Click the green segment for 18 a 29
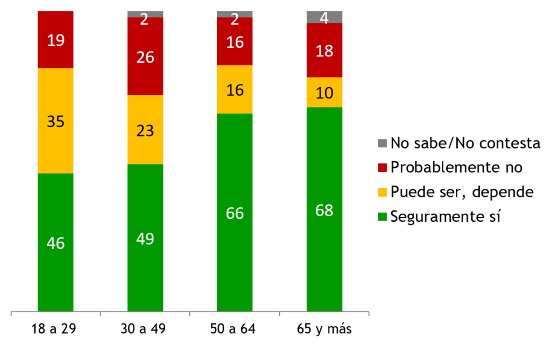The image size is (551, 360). point(55,242)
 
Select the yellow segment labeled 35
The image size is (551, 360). point(55,121)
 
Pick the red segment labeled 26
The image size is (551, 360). point(145,57)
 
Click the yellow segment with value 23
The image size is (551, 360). point(145,130)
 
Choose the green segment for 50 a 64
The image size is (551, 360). point(235,213)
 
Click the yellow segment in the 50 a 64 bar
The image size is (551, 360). point(235,89)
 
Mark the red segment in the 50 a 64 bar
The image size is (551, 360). point(235,41)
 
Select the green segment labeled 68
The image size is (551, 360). point(324,209)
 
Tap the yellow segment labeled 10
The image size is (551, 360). point(324,93)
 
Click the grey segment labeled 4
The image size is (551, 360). point(324,17)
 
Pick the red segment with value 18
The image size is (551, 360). point(324,51)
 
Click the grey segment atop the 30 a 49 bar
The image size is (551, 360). point(145,14)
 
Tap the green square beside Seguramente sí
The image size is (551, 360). point(383,217)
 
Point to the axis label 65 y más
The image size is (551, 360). point(324,329)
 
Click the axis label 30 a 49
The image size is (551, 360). point(145,329)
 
